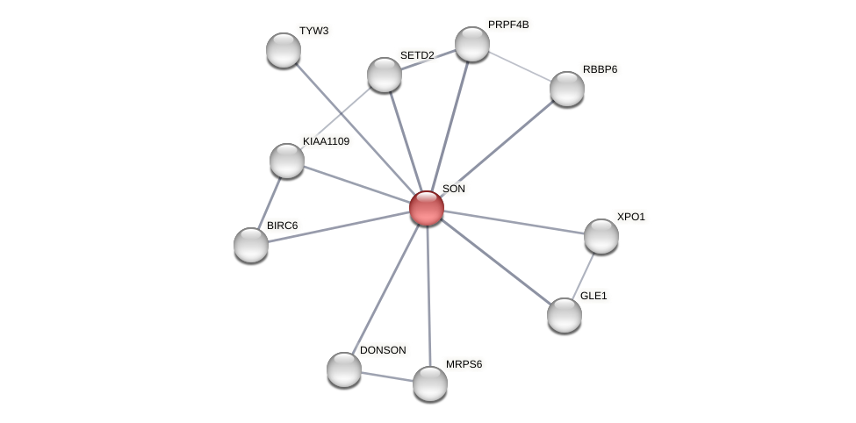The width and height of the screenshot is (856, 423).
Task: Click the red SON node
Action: coord(427,208)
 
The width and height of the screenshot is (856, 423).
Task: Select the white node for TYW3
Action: coord(284,50)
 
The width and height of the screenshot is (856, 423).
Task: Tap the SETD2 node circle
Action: coord(385,75)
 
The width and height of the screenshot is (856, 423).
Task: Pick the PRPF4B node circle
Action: coord(472,44)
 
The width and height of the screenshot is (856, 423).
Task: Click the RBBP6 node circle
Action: coord(567,89)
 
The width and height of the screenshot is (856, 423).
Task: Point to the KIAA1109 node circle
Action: coord(287,161)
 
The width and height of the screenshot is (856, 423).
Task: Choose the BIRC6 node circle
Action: coord(251,245)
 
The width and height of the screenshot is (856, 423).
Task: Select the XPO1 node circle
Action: coord(601,236)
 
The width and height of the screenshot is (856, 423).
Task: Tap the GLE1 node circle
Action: coord(565,315)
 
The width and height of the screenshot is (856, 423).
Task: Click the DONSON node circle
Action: coord(344,369)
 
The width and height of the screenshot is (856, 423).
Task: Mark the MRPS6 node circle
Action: coord(430,384)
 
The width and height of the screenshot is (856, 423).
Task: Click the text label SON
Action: coord(454,189)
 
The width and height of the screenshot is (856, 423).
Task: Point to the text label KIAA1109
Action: coord(326,141)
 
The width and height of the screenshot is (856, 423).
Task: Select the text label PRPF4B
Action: coord(508,25)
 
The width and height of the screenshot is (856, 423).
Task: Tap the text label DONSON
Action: coord(383,350)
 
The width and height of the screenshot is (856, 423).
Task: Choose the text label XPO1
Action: coord(630,217)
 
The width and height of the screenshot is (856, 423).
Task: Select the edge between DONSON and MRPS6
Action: coord(387,376)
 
